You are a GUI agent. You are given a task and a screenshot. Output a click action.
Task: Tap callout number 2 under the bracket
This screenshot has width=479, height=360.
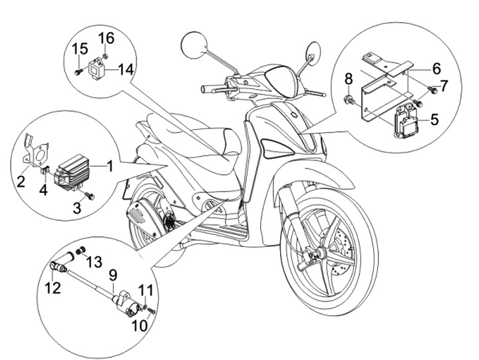22,180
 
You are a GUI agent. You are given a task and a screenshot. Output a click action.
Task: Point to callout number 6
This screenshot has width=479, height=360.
436,68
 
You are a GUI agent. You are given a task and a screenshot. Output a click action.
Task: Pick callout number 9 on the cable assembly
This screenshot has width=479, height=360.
112,273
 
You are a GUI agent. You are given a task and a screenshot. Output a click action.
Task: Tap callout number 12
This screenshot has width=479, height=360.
53,288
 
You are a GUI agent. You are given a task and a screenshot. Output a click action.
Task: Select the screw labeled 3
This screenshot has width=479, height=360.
89,196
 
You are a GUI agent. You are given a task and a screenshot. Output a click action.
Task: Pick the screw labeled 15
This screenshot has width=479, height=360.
79,71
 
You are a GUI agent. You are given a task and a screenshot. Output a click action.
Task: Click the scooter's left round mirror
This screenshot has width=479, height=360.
192,44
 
